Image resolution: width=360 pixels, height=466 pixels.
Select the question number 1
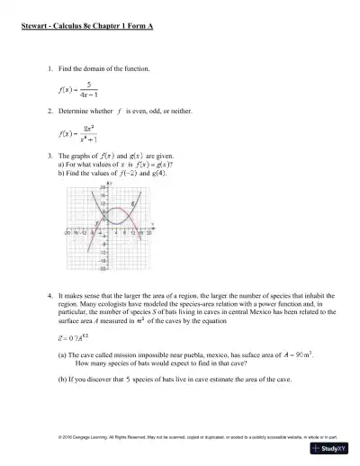coord(49,68)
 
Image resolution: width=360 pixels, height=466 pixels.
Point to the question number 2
coord(49,112)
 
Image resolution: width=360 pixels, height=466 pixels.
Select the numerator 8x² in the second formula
coord(91,129)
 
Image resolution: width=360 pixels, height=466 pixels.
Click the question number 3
coord(49,156)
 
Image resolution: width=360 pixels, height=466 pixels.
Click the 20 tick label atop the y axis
coord(102,187)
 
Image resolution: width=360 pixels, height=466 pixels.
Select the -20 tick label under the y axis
coord(102,267)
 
